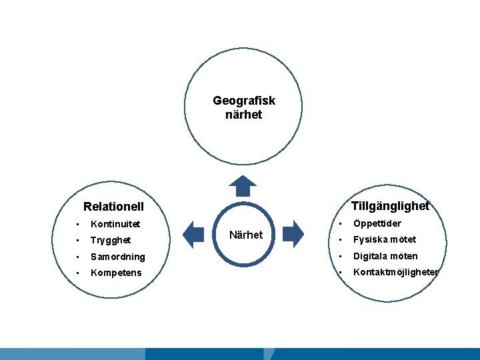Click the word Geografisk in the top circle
click(x=243, y=101)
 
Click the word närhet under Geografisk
click(x=243, y=115)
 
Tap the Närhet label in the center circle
click(x=245, y=235)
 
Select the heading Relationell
click(x=113, y=207)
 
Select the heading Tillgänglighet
click(x=389, y=206)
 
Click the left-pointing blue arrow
click(x=193, y=233)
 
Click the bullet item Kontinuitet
click(x=115, y=223)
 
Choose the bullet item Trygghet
click(x=111, y=240)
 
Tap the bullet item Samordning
click(x=117, y=257)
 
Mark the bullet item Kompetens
click(x=116, y=273)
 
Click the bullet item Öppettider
click(x=377, y=223)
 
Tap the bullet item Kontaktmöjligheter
click(x=396, y=272)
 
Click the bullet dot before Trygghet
click(x=77, y=240)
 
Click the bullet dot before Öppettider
click(x=340, y=223)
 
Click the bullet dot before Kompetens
click(x=77, y=273)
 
